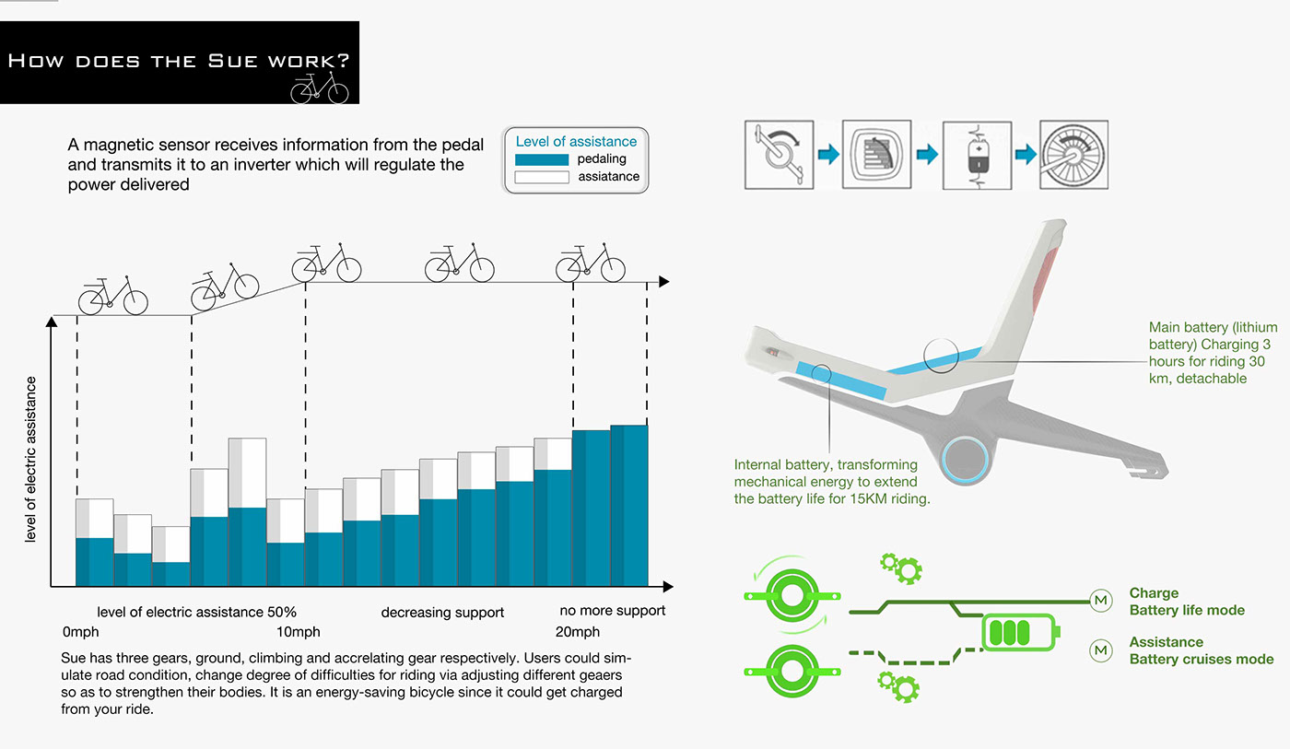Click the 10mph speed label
click(x=299, y=632)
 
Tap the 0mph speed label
click(x=80, y=632)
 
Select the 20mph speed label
click(x=578, y=632)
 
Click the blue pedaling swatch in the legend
click(x=541, y=159)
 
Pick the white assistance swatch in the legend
click(x=541, y=177)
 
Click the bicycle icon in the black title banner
click(x=320, y=88)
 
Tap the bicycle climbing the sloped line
click(x=225, y=286)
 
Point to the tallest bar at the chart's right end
click(x=629, y=506)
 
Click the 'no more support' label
click(x=613, y=611)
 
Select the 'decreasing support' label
click(x=442, y=613)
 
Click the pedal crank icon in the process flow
click(x=779, y=154)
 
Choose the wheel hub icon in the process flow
click(x=1073, y=154)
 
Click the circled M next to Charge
click(x=1100, y=602)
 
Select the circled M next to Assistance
click(x=1100, y=650)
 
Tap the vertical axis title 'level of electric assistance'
click(x=30, y=459)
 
